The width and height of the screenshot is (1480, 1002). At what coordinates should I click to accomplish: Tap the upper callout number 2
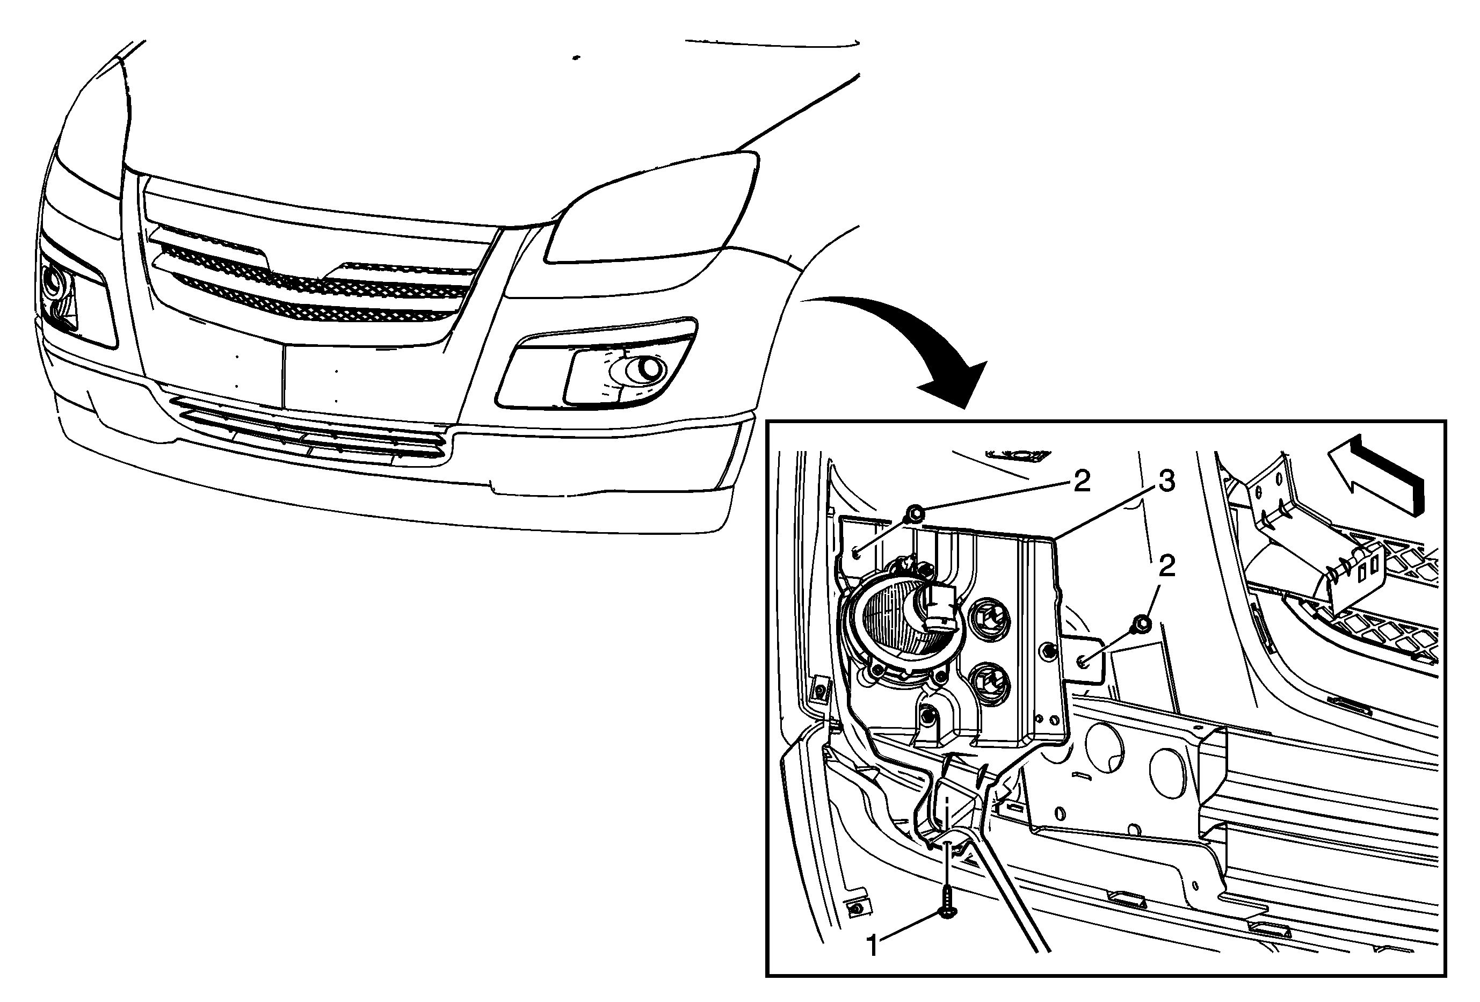pos(1082,481)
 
